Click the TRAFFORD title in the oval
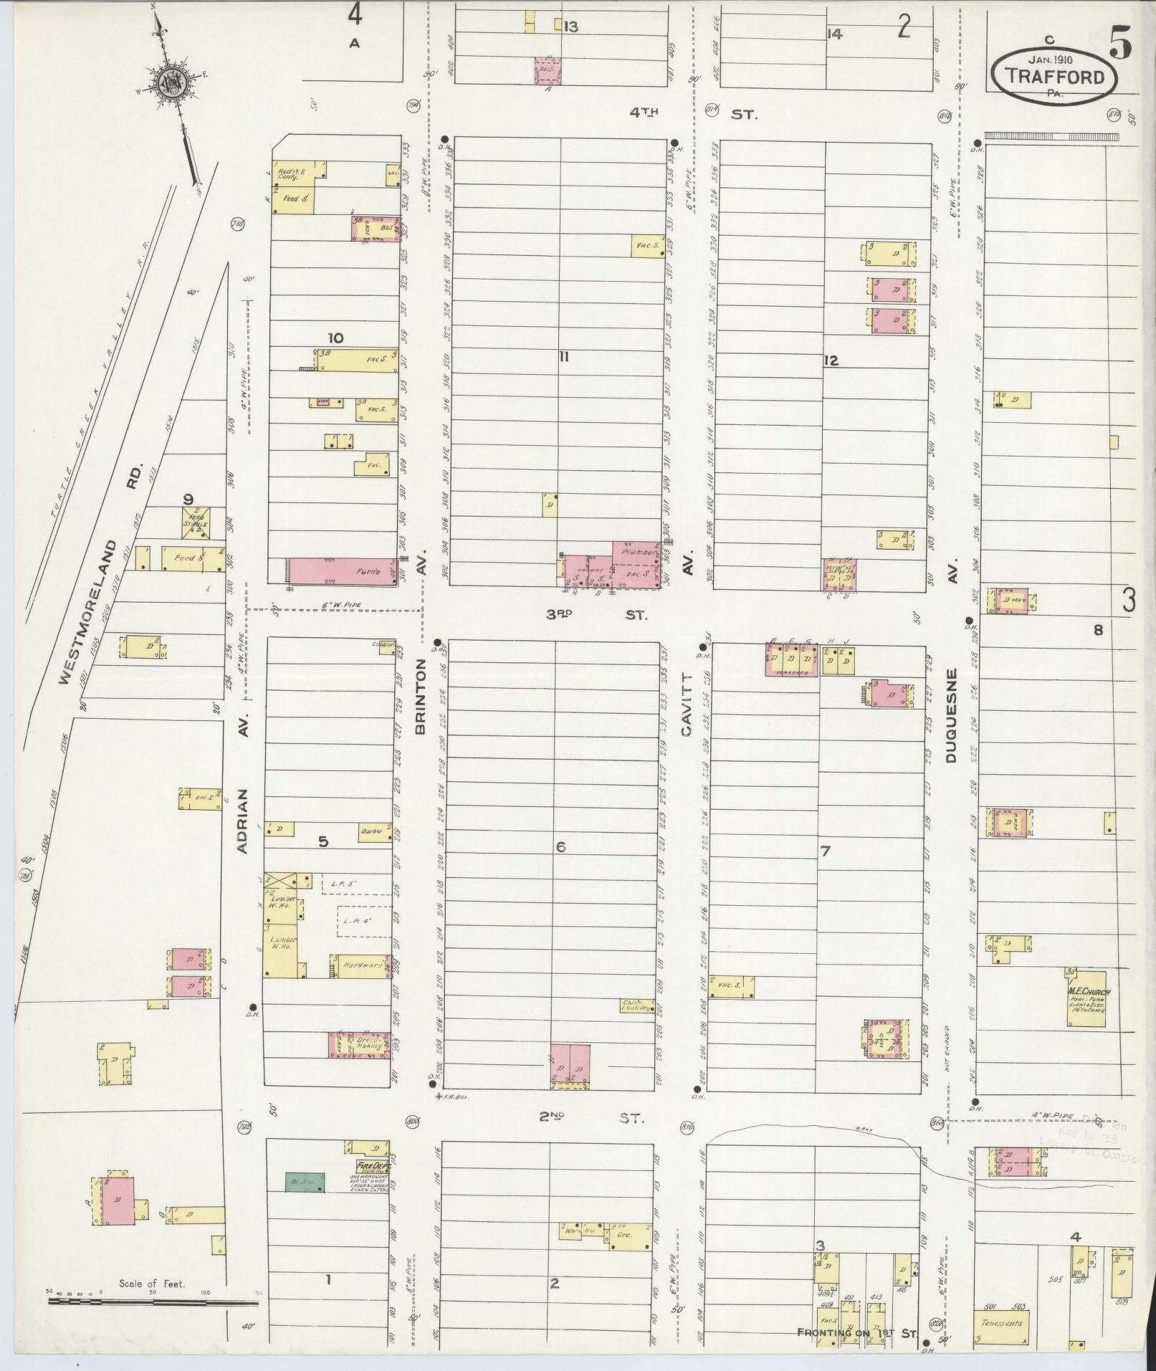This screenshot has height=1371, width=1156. pos(1054,76)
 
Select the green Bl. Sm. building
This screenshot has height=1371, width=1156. pos(305,1182)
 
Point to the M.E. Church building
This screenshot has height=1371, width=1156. pos(1086,998)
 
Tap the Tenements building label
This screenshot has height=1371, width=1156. pos(1001,1322)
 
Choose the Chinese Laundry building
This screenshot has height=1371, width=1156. pos(637,1005)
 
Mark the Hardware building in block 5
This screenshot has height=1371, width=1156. pos(361,965)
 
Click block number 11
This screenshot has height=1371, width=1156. pos(564,356)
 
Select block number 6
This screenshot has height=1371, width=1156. pos(560,847)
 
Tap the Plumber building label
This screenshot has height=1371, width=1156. pos(636,553)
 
